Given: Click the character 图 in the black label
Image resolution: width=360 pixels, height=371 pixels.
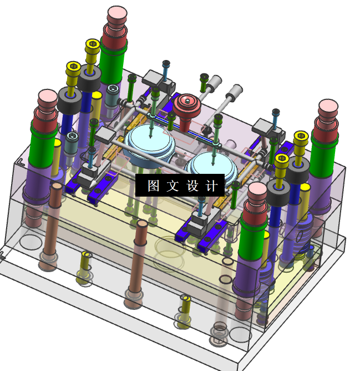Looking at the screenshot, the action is pos(154,185).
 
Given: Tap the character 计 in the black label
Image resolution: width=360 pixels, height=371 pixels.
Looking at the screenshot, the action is pos(211,185).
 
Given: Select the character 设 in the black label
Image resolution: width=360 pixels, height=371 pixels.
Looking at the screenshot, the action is pos(192,185).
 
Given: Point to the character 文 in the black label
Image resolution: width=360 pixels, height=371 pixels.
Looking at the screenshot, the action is pos(173,185).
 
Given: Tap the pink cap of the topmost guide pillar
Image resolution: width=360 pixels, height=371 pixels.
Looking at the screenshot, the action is pos(117,13).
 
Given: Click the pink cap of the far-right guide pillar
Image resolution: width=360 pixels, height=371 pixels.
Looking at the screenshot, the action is pos(328,107).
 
